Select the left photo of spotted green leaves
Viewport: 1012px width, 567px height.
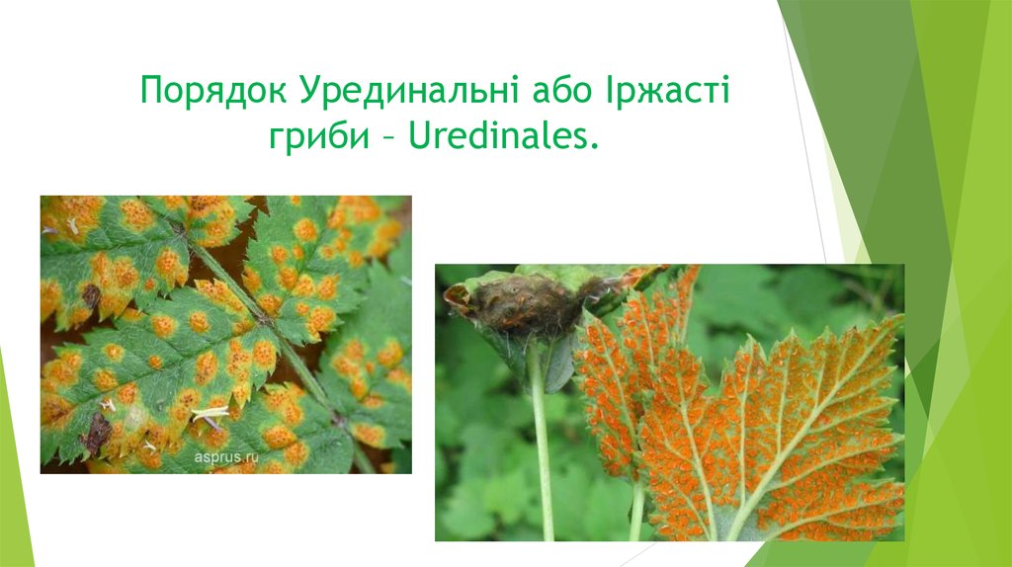click(x=225, y=334)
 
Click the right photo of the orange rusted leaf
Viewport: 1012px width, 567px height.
click(x=669, y=402)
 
